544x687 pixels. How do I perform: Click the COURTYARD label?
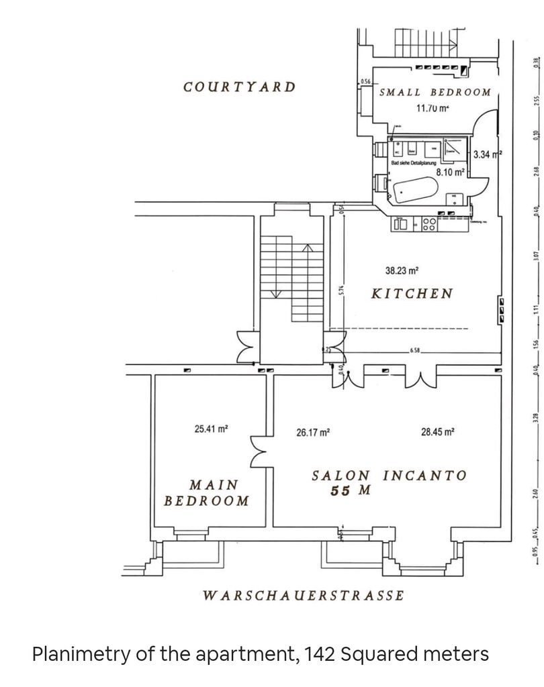[x=239, y=87]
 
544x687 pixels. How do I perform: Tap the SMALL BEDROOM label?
[x=435, y=93]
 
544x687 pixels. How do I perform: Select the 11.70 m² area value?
[x=432, y=107]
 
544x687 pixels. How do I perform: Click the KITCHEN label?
[x=412, y=294]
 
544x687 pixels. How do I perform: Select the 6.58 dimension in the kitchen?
[x=416, y=351]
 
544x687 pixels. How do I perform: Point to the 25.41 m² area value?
[x=212, y=429]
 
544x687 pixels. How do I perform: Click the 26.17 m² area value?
[x=313, y=433]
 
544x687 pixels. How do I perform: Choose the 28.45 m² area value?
[x=438, y=433]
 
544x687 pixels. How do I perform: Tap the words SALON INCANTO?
[x=389, y=476]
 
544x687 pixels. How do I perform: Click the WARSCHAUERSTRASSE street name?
[x=304, y=595]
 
